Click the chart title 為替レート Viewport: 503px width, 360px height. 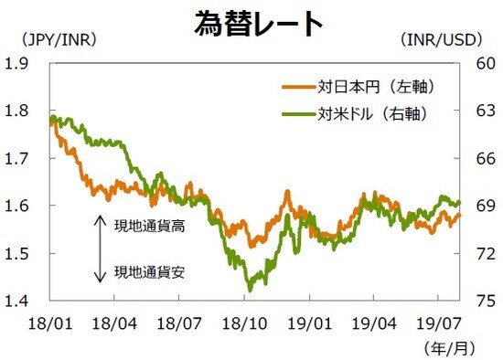click(x=259, y=23)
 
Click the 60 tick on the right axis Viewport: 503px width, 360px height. click(x=481, y=63)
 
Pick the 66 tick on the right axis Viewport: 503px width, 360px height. click(x=481, y=158)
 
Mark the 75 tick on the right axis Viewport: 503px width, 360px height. click(x=481, y=301)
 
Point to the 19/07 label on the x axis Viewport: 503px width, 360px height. click(x=442, y=323)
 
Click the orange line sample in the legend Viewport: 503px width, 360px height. click(x=298, y=88)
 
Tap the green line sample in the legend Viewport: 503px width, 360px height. click(x=298, y=114)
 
